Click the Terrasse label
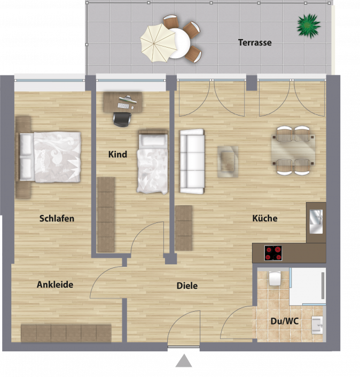[255, 43]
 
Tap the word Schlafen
[57, 219]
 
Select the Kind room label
[118, 155]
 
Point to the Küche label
[265, 218]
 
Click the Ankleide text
[55, 284]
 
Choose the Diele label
[187, 286]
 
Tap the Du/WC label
[285, 321]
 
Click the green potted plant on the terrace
[309, 26]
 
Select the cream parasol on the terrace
[158, 43]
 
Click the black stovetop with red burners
[273, 253]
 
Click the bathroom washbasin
[317, 325]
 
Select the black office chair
[122, 119]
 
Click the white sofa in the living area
[192, 161]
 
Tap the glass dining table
[293, 150]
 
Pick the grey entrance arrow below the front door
[184, 360]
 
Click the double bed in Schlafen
[48, 157]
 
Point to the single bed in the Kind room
[153, 161]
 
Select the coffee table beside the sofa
[228, 162]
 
